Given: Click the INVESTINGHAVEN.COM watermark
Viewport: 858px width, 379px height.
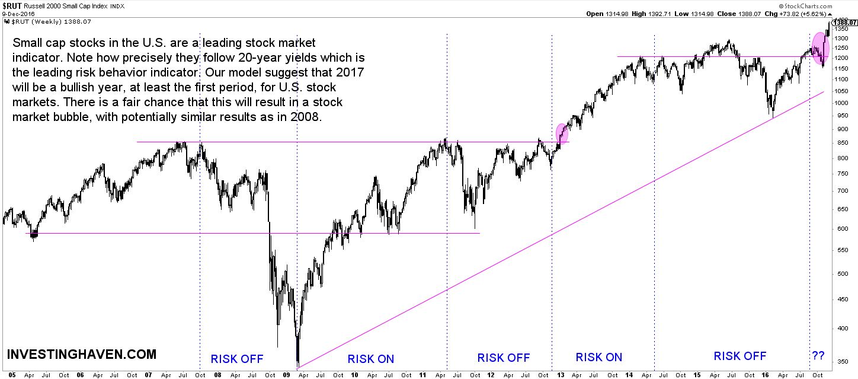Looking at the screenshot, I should pos(82,355).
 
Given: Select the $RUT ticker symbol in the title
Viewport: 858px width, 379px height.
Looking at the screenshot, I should pos(13,5).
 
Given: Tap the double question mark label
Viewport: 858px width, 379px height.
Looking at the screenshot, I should pos(818,356).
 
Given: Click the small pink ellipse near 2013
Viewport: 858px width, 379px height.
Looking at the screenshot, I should pos(561,133).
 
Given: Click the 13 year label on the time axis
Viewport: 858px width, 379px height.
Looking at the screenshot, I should pos(560,375).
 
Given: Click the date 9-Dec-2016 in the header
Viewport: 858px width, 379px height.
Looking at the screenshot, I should pos(19,14).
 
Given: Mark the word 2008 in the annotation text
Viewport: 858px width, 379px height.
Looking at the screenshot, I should pos(306,117).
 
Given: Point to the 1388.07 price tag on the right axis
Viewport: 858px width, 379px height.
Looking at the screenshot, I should pos(847,22).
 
